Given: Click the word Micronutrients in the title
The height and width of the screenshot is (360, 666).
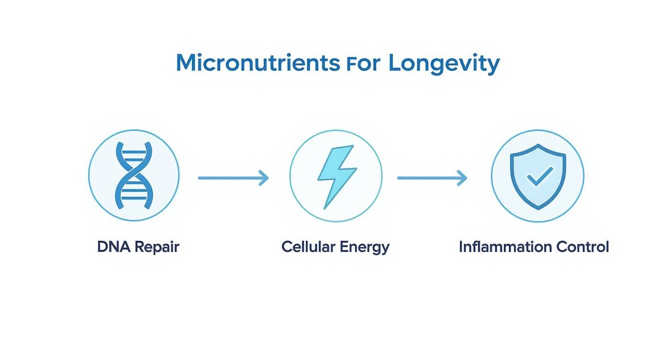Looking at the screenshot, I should [255, 63].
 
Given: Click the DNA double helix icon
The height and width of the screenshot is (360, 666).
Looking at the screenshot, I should [134, 175].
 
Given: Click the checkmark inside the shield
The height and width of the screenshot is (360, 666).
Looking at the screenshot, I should [539, 176].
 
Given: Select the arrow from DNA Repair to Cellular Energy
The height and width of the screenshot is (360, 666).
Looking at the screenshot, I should [233, 178].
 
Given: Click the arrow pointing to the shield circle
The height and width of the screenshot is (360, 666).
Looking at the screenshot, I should [432, 178].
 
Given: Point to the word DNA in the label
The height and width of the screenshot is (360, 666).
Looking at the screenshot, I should [113, 247].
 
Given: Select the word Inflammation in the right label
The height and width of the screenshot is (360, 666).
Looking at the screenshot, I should [499, 247].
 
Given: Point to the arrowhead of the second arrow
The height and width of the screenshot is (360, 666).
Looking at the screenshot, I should [463, 178].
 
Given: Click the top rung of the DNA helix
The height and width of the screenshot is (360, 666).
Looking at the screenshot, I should [134, 153].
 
